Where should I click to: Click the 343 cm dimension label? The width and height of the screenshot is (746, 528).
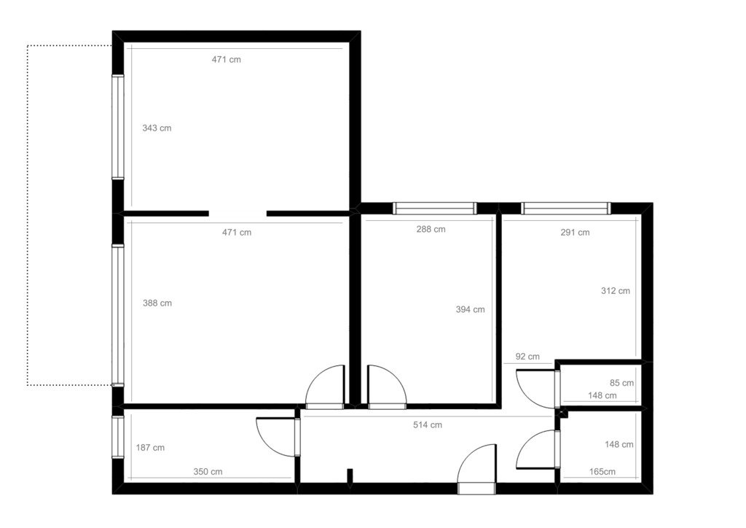tap(157, 128)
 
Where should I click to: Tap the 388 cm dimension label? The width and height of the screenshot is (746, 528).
tap(157, 303)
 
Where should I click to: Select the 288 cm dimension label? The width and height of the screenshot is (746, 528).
tap(431, 229)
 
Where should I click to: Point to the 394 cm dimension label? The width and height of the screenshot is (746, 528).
tap(470, 309)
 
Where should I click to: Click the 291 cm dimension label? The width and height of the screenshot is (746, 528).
tap(575, 233)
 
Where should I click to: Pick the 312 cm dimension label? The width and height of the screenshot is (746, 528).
tap(615, 291)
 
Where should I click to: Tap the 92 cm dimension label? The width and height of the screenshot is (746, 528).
tap(527, 357)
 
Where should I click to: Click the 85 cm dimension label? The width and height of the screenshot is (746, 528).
tap(622, 383)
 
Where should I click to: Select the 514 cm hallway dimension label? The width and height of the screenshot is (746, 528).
tap(427, 424)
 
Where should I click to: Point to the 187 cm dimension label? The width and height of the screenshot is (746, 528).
tap(150, 448)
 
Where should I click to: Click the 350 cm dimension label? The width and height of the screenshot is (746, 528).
tap(208, 472)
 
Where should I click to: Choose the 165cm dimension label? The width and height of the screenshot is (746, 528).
tap(602, 472)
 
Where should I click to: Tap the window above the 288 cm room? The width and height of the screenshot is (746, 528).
tap(434, 208)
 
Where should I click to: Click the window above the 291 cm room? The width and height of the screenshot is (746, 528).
tap(565, 208)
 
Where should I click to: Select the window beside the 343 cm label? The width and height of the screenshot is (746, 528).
tap(117, 127)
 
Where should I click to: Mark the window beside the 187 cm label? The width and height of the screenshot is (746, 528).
tap(117, 437)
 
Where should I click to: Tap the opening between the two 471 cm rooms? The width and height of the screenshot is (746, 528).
tap(237, 213)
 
